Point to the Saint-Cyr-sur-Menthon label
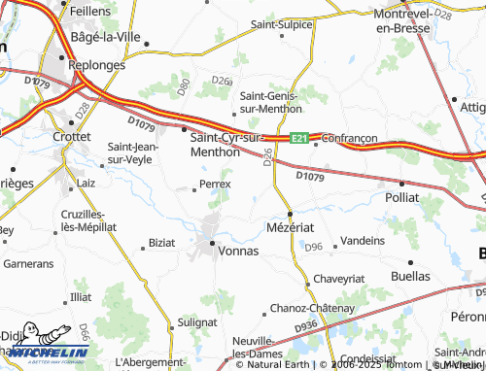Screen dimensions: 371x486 pos(226,145)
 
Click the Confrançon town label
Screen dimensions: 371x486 pos(347,139)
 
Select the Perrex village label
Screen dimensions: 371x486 pos(215,184)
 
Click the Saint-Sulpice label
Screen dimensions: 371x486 pos(280,23)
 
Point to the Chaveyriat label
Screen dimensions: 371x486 pos(338,278)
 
